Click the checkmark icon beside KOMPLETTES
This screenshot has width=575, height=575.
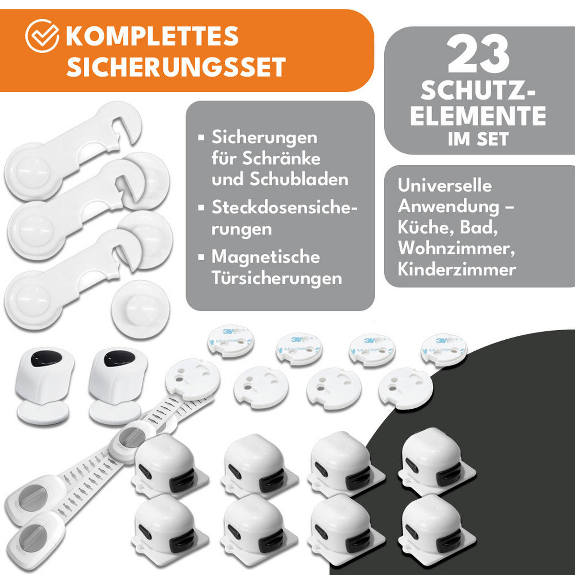click(x=42, y=36)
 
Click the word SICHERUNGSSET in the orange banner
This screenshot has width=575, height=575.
click(x=176, y=67)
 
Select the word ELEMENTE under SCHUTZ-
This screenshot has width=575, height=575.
click(x=478, y=116)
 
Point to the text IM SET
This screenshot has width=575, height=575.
click(x=478, y=139)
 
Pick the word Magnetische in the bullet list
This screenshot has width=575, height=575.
click(x=265, y=257)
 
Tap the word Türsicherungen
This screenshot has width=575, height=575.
click(x=276, y=278)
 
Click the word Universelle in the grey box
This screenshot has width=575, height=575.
click(x=444, y=186)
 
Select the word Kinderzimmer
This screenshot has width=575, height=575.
click(x=456, y=269)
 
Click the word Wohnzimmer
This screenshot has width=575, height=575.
click(x=453, y=248)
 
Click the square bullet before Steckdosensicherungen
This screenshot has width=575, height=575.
click(x=201, y=208)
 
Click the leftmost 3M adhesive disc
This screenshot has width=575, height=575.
click(x=230, y=340)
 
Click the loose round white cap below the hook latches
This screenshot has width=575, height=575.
click(x=140, y=309)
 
